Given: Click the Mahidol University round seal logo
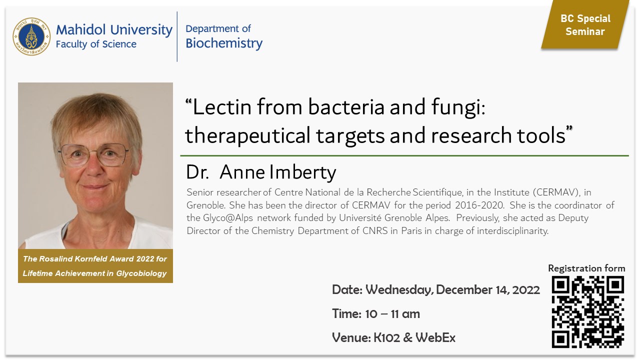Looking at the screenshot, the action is point(31,36).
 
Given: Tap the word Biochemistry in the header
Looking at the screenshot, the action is point(224,43).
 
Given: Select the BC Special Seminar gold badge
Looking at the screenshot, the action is point(585,24).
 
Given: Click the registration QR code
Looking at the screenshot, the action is point(587,311).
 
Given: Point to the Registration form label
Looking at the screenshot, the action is point(586,268).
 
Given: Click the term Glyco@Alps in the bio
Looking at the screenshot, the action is point(228,218).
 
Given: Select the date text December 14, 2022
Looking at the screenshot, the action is point(487,289).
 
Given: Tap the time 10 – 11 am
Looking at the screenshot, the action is point(392,314).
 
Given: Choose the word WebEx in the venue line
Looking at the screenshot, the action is point(435,337).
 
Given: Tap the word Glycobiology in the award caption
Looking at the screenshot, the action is point(141,273).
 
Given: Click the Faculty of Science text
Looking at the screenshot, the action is point(96,44).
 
